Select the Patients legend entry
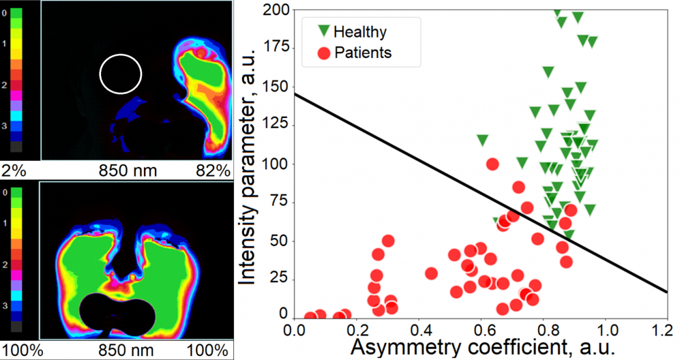click(x=355, y=52)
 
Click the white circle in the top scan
click(x=120, y=73)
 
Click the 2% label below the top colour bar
click(x=13, y=170)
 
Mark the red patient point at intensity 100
click(x=492, y=164)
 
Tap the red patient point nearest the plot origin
click(x=310, y=317)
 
